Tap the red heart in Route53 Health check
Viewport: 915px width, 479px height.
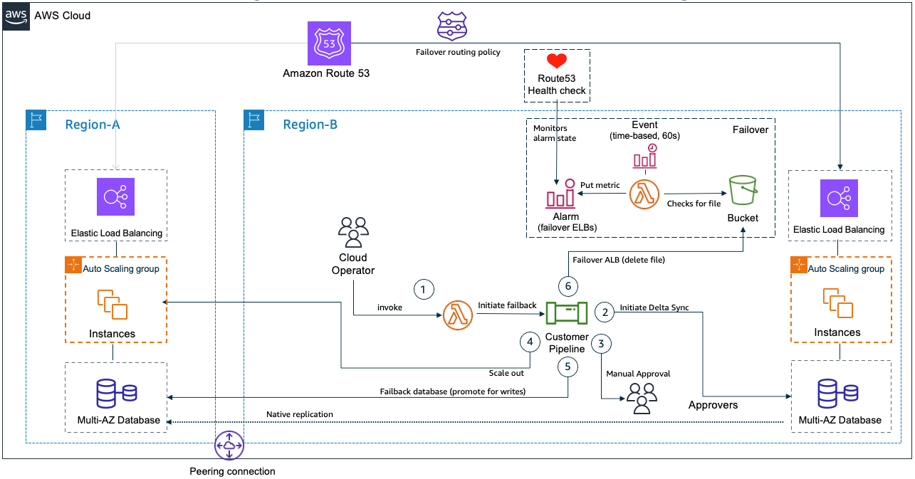pos(557,62)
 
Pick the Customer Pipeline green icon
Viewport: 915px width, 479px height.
pos(566,314)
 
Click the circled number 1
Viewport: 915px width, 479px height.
pos(423,289)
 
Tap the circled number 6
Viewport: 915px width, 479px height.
pos(568,286)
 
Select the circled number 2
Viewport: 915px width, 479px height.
pos(605,311)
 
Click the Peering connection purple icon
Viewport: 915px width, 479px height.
pos(229,446)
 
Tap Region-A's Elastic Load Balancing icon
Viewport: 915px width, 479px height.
pos(116,198)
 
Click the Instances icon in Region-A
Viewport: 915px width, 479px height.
pos(113,305)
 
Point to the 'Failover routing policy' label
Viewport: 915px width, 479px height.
pos(458,52)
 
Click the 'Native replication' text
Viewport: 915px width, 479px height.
pos(299,414)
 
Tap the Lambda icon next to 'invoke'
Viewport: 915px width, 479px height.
pos(457,315)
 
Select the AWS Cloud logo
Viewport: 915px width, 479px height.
pos(17,16)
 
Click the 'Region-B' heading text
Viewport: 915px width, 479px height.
pos(310,125)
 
